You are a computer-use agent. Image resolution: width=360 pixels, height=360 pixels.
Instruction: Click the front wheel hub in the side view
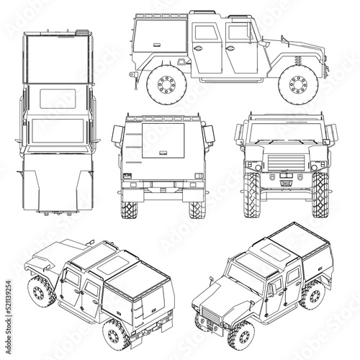[298, 84]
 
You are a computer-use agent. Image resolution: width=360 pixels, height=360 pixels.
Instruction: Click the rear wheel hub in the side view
[166, 84]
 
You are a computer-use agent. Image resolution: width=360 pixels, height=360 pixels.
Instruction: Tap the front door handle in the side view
[230, 48]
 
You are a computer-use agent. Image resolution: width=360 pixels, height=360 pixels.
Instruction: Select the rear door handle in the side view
[198, 48]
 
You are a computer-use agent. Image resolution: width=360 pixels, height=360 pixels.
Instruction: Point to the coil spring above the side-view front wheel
[298, 60]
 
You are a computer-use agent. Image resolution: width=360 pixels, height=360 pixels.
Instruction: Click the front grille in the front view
[286, 163]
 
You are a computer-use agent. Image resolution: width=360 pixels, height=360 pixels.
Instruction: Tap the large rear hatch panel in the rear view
[163, 140]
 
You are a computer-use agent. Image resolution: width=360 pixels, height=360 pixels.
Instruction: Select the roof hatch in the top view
[58, 99]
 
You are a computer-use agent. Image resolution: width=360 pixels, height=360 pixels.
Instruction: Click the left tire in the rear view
[129, 210]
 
